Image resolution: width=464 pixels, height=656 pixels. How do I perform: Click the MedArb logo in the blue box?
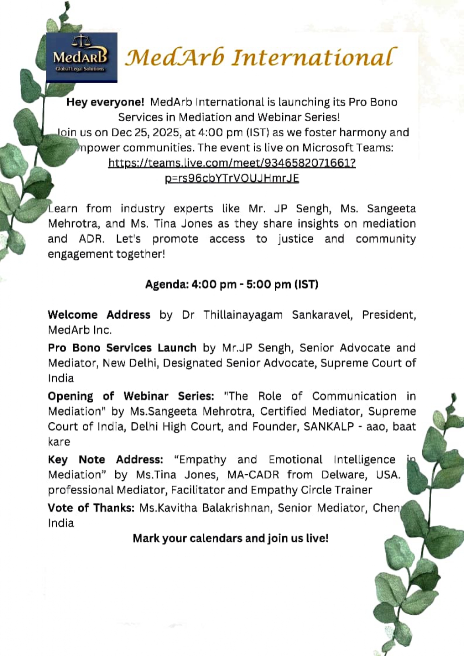coord(82,57)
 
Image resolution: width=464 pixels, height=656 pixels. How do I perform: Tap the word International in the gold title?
coord(314,57)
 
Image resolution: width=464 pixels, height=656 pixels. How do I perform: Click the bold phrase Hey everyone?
coord(105,102)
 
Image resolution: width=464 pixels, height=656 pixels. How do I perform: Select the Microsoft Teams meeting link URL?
coord(232,170)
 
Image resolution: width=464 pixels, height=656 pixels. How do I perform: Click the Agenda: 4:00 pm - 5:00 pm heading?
coord(231,285)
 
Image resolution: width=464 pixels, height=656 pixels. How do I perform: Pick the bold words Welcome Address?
coord(99,315)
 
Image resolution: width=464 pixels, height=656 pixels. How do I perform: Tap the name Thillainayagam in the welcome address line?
coord(243,315)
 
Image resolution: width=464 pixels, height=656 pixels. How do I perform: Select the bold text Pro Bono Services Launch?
coord(122,348)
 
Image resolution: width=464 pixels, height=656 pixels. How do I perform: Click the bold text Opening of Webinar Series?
coord(131,396)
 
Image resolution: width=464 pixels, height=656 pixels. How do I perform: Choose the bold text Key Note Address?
coord(105,460)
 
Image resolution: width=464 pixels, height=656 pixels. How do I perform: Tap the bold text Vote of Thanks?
coord(91,508)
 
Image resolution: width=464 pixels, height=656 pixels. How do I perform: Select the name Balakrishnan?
coord(236,508)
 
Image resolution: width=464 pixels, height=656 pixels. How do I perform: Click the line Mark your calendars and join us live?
coord(231,538)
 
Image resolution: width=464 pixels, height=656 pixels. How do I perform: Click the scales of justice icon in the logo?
coord(81,41)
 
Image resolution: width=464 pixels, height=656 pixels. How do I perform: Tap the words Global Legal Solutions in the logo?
coord(80,69)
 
